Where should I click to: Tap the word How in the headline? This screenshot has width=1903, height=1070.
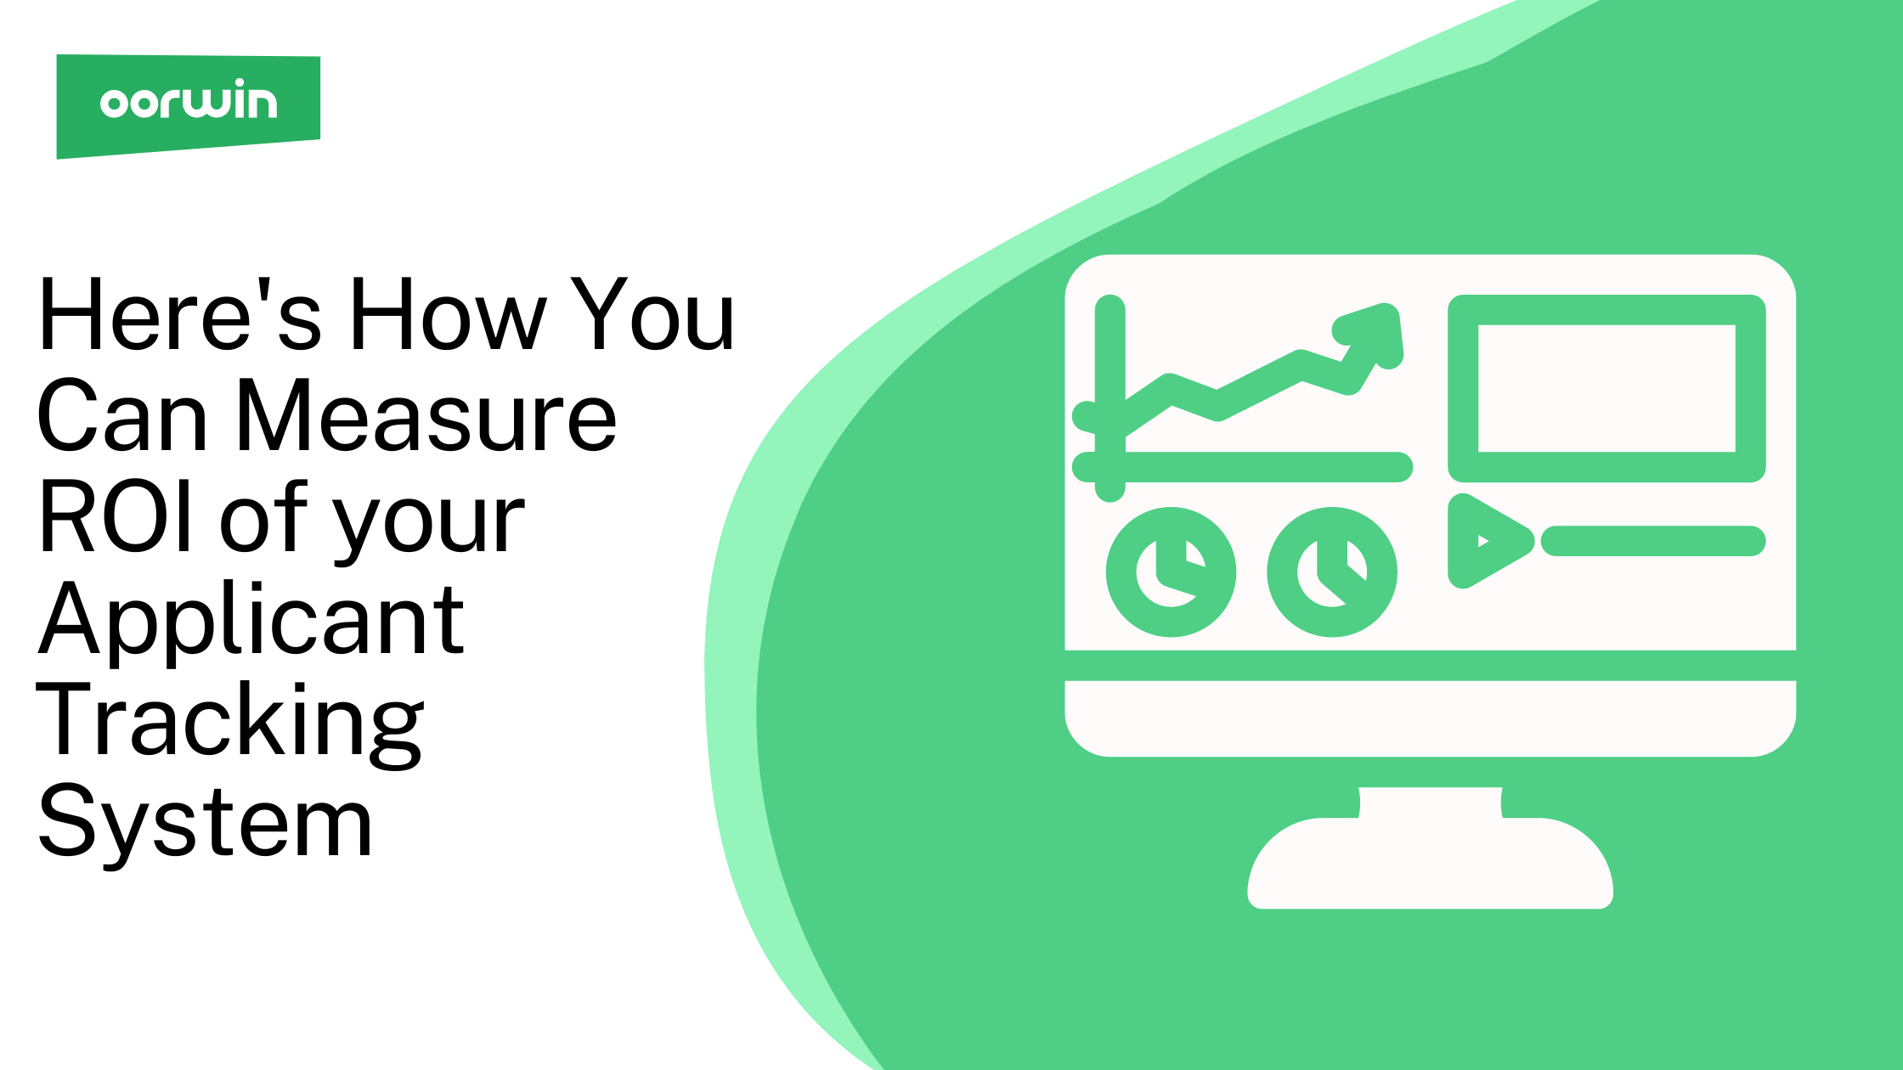pos(449,314)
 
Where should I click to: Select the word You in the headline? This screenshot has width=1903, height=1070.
pos(652,314)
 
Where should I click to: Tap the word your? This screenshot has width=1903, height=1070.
pos(430,527)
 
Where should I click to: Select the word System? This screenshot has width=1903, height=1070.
pos(205,822)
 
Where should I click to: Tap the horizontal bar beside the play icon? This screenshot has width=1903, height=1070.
pos(1653,541)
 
